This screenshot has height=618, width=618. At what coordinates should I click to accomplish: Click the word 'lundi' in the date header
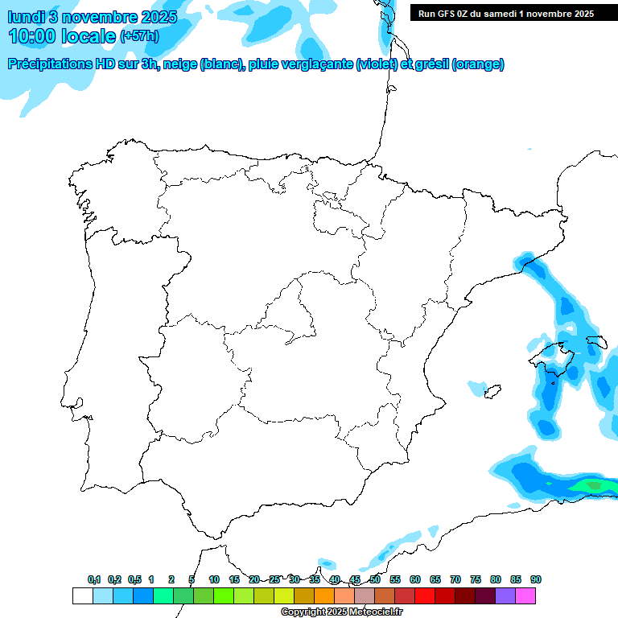[x=27, y=17]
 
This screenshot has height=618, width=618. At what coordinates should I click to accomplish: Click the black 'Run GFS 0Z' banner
[x=503, y=13]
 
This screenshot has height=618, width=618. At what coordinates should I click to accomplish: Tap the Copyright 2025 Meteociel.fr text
[x=341, y=612]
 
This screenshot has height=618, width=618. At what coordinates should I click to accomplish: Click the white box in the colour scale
[x=82, y=595]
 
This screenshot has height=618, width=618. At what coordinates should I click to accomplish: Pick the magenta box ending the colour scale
[x=525, y=595]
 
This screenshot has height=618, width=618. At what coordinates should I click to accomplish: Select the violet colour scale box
[x=505, y=595]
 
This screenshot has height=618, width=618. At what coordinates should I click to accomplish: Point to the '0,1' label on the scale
[x=94, y=579]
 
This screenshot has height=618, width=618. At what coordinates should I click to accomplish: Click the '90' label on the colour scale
[x=535, y=579]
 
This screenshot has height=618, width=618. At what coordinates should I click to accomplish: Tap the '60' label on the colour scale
[x=414, y=579]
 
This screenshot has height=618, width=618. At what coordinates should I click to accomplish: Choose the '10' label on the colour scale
[x=214, y=579]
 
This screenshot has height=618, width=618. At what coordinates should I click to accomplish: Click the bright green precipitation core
[x=594, y=485]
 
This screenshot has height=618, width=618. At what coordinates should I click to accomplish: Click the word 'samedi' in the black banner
[x=501, y=13]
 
